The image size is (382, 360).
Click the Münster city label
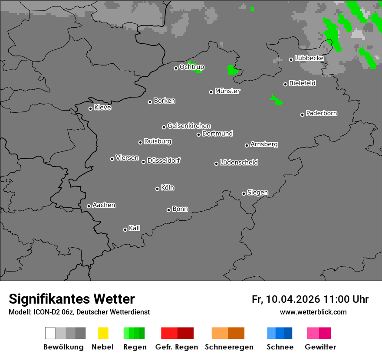click(x=227, y=91)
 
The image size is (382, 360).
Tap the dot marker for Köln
click(x=157, y=189)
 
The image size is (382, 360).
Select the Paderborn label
click(x=322, y=113)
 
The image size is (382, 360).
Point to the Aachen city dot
click(x=89, y=206)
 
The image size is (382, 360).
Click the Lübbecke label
click(x=310, y=58)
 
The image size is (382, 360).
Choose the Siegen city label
click(x=257, y=193)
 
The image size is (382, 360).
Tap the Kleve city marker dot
click(x=90, y=108)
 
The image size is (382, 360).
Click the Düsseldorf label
click(x=164, y=160)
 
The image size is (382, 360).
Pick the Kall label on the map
click(x=135, y=228)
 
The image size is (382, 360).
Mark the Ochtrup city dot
click(x=176, y=68)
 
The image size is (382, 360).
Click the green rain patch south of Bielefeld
click(x=276, y=100)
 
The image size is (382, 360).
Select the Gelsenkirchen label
click(x=189, y=126)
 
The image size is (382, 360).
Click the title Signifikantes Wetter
click(x=72, y=299)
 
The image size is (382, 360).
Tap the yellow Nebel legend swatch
click(x=103, y=333)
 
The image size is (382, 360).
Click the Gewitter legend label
click(x=320, y=347)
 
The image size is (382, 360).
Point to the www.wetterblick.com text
click(x=313, y=312)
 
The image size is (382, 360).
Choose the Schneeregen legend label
click(x=229, y=347)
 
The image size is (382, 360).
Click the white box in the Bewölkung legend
click(x=50, y=333)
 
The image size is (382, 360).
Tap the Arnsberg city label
click(x=264, y=144)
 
